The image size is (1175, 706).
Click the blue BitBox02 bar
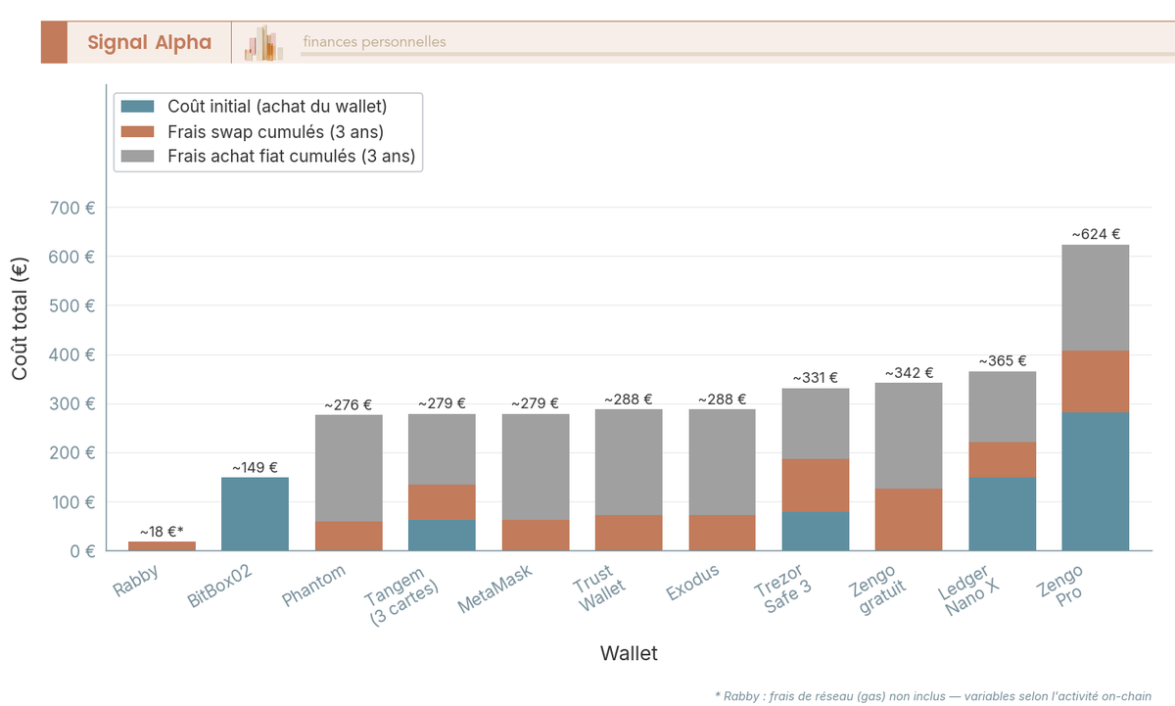click(255, 514)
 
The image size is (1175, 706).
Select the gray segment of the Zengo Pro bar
click(1095, 298)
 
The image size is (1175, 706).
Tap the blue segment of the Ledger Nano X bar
click(1002, 514)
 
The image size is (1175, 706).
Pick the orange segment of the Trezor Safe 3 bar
click(816, 486)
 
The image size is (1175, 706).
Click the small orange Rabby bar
click(162, 545)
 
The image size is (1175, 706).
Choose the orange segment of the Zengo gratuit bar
click(909, 519)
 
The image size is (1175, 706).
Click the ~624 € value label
click(1096, 235)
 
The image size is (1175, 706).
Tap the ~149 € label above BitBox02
click(255, 468)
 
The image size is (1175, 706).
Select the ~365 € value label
click(1003, 361)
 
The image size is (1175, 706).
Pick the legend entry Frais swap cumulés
click(275, 131)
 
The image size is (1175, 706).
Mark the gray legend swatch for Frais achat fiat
click(137, 156)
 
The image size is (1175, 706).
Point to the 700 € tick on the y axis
click(75, 208)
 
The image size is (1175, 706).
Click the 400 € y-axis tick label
click(75, 354)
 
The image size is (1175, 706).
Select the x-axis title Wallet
click(629, 653)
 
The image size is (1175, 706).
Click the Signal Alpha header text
click(149, 42)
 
